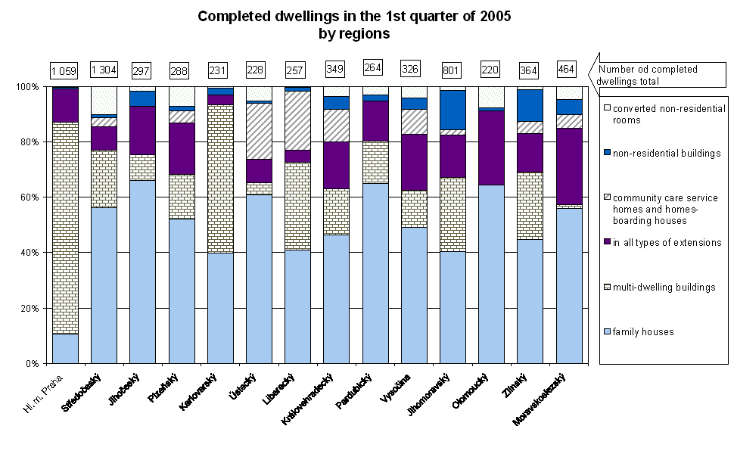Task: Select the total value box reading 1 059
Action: [65, 71]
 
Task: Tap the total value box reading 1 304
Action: [104, 71]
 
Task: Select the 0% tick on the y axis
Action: [30, 364]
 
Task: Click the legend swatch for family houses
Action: [606, 331]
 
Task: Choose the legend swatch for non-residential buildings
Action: [606, 154]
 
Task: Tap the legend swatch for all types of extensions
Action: [606, 243]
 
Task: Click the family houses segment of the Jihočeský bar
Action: [142, 272]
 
